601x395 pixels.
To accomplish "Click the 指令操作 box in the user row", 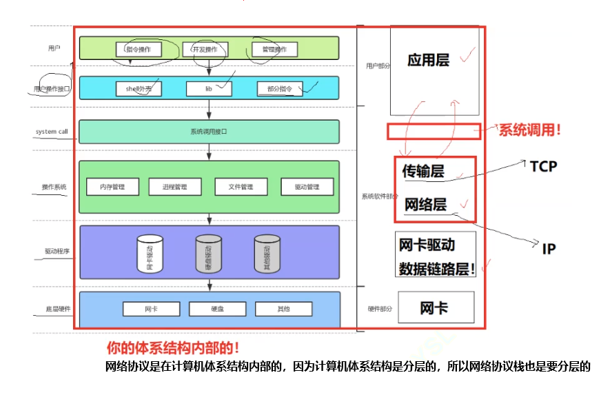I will [x=143, y=50].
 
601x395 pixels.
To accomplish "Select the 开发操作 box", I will [x=205, y=50].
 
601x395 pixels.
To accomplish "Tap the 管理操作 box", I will [x=274, y=50].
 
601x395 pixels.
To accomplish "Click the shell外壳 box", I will [x=143, y=89].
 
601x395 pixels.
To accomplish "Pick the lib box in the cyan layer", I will [x=209, y=89].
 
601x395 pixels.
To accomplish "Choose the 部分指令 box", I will [x=279, y=89].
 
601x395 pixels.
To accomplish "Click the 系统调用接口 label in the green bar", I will [x=209, y=132].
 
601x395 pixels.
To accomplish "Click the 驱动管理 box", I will [x=307, y=187].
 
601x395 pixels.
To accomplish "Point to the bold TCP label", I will [x=543, y=166].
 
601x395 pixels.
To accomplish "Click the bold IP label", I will [x=549, y=249].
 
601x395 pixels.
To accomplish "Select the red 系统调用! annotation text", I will [x=529, y=130].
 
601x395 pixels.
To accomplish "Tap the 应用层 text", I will [x=428, y=61].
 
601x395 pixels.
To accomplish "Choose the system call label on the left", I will [x=52, y=132].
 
